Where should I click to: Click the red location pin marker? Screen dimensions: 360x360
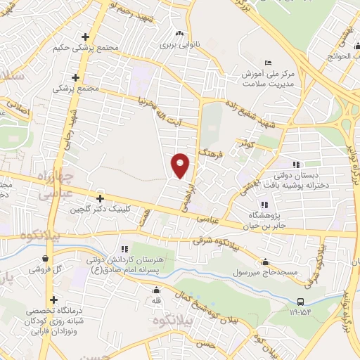click(181, 166)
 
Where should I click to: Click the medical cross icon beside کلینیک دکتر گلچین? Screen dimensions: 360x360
click(100, 199)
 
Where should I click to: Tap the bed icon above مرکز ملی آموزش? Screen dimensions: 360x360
click(267, 63)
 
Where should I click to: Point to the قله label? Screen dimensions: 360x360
click(157, 300)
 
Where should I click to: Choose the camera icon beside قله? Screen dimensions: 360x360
click(156, 290)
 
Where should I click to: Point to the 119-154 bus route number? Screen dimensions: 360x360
click(301, 314)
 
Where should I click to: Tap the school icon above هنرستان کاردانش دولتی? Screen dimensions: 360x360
click(125, 249)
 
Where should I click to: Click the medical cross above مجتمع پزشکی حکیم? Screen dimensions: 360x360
click(86, 37)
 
